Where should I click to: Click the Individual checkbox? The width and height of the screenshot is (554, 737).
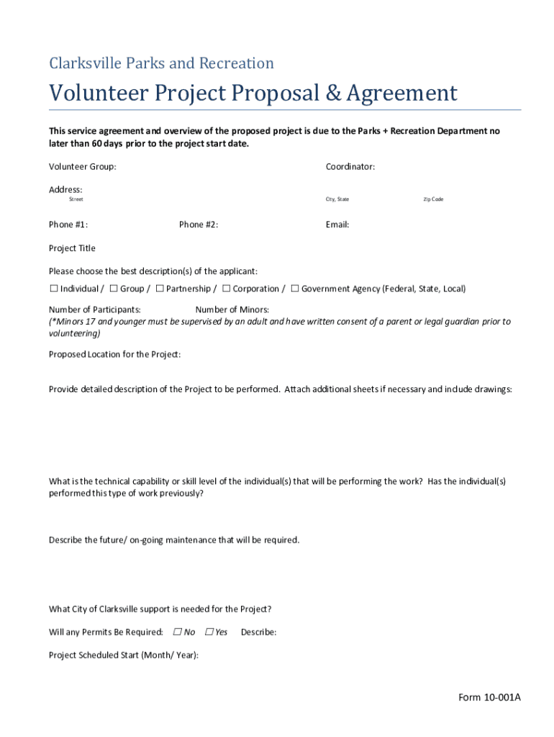click(54, 289)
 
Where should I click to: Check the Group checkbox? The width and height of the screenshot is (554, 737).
click(114, 289)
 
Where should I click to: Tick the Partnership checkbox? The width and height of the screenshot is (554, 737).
click(160, 289)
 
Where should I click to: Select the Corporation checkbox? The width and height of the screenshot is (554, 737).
click(226, 289)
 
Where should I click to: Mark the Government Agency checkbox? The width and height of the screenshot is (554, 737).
click(295, 289)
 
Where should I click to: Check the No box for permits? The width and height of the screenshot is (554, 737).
click(177, 632)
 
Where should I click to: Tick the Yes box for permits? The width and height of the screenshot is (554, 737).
click(209, 632)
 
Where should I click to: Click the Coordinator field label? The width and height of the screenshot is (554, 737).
click(350, 167)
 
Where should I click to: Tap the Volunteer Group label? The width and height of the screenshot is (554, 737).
click(82, 167)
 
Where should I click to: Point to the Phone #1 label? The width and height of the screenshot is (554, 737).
click(68, 225)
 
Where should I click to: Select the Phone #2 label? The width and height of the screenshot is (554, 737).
click(198, 225)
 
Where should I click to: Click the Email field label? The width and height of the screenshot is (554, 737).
click(337, 225)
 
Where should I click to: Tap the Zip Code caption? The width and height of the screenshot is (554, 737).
click(433, 199)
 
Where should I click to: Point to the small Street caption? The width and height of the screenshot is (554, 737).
click(76, 199)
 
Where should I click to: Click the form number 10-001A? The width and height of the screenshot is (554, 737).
click(489, 697)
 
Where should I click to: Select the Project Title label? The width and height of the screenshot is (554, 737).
click(72, 248)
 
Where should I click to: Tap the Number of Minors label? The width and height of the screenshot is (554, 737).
click(232, 309)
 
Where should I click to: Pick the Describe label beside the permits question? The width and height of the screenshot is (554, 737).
click(258, 632)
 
